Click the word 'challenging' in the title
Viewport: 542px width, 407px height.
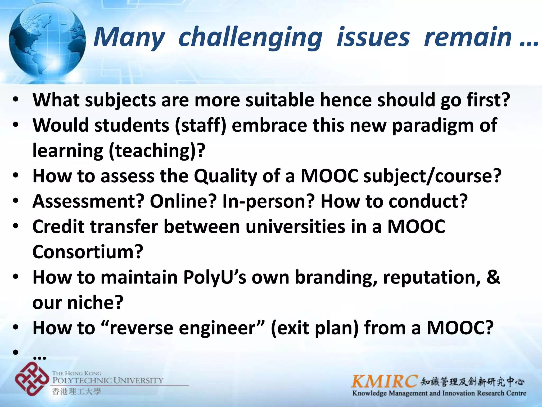pyautogui.click(x=250, y=38)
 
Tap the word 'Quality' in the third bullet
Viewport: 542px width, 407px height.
pyautogui.click(x=225, y=176)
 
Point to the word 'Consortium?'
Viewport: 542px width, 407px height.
pyautogui.click(x=88, y=252)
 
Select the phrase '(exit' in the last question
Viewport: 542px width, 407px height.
pyautogui.click(x=290, y=328)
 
